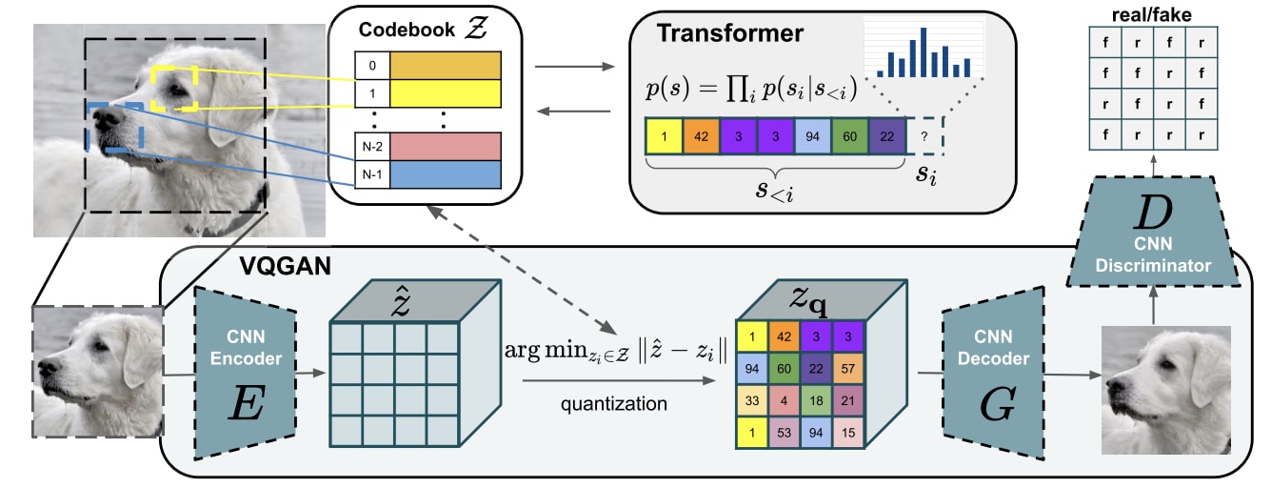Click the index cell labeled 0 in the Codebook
372,66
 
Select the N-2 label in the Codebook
372,147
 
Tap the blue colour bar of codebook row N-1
446,174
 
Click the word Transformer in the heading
730,33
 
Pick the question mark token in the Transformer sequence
924,136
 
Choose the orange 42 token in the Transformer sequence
702,136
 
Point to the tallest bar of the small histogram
924,52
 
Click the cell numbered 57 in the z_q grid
847,369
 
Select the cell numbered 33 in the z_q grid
752,400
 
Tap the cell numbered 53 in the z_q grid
785,433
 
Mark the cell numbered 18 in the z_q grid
816,400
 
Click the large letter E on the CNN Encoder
246,403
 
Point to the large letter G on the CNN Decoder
997,404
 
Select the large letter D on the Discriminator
1154,213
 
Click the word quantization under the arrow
614,404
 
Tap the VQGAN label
285,266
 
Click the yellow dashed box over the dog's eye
174,88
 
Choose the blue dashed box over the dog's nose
115,127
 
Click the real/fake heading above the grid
1152,15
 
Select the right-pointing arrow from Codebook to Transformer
575,67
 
